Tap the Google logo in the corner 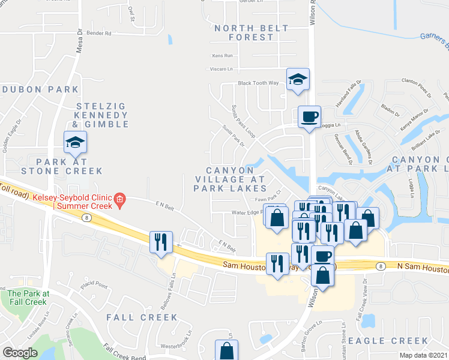(x=20, y=352)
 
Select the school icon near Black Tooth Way (x=298, y=80)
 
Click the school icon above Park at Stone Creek (x=76, y=143)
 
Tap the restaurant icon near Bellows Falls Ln (x=161, y=242)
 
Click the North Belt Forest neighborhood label (x=244, y=32)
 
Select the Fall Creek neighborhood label (x=142, y=317)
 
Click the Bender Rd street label (x=99, y=34)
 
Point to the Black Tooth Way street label (x=258, y=83)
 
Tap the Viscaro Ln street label (x=221, y=69)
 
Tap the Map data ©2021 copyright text (x=424, y=355)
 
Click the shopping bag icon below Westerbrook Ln (x=226, y=350)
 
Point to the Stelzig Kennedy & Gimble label (x=101, y=115)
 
